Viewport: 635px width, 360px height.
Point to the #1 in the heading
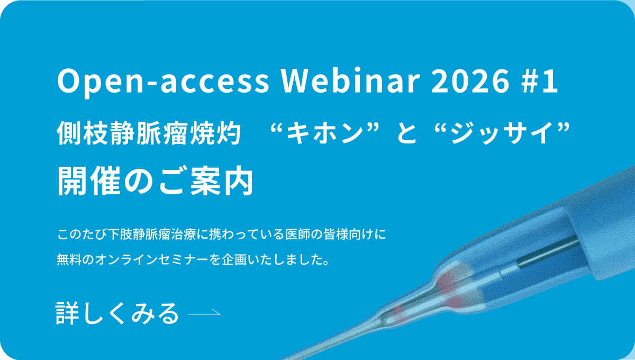tap(542, 82)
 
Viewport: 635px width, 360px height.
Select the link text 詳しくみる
tap(117, 313)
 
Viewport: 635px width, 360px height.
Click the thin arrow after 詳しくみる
tap(204, 313)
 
